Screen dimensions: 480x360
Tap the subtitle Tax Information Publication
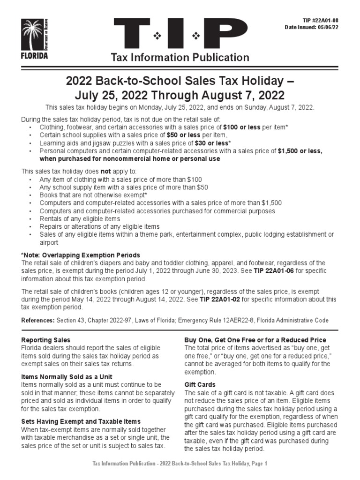180,58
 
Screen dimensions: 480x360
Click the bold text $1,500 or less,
300,151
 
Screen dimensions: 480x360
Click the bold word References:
38,320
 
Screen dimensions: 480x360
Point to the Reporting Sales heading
46,340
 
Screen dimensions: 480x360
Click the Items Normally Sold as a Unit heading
67,376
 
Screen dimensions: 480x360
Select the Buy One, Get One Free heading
255,340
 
